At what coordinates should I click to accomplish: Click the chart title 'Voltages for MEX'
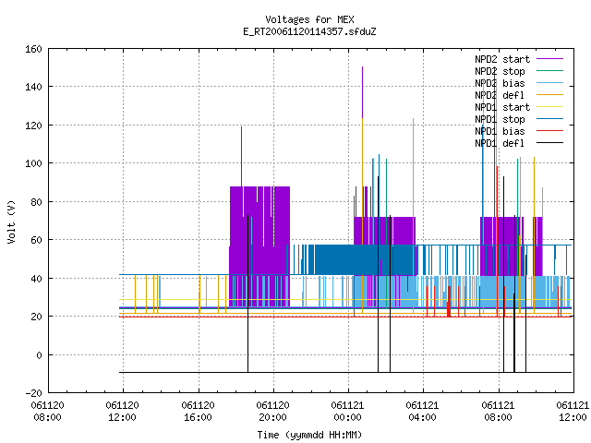(309, 19)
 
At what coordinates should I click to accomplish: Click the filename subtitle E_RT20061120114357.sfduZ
(309, 31)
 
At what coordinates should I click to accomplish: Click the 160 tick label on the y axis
(33, 49)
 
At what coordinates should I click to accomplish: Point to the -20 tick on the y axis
(33, 393)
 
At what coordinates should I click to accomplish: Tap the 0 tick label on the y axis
(39, 354)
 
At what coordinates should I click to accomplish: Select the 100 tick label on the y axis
(33, 163)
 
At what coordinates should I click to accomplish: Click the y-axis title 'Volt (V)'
(11, 221)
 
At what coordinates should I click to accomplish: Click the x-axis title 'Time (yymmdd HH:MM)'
(309, 435)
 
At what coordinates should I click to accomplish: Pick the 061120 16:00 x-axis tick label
(198, 412)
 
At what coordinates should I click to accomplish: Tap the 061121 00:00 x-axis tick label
(347, 412)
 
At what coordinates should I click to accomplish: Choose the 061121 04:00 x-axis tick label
(422, 412)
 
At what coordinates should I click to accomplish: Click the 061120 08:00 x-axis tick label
(48, 412)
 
